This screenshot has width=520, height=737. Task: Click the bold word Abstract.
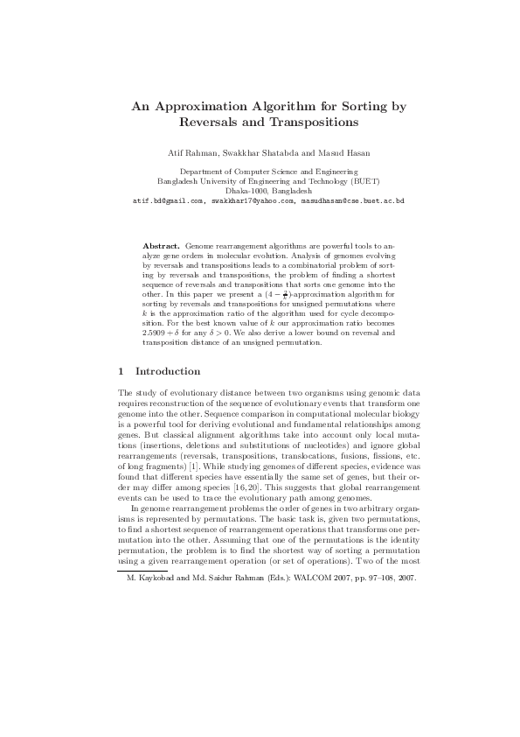(161, 247)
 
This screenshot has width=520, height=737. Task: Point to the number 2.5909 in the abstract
(158, 333)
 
